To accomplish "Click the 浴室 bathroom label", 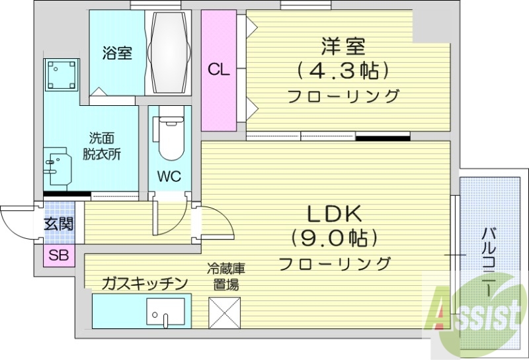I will coord(116,54).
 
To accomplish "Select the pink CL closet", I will coord(219,69).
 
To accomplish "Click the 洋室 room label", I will coord(343,47).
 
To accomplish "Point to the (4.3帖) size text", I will coord(343,69).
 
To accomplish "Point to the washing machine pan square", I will coord(61,75).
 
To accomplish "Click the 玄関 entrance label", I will coord(58,224).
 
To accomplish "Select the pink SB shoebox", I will coord(59,255).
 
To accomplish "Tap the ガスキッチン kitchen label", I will coord(145,283).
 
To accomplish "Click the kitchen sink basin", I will coord(165,313).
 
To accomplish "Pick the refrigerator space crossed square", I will coord(225,311).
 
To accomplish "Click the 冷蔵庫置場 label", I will coord(225,277).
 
